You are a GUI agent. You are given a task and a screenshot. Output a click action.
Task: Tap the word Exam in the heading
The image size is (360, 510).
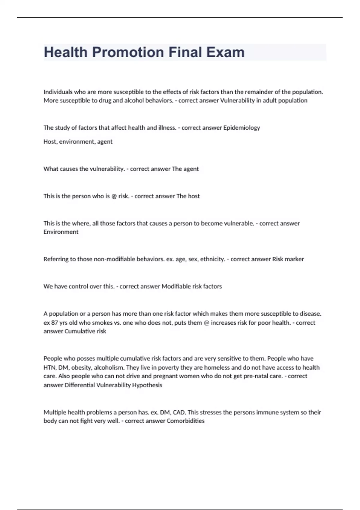coord(225,52)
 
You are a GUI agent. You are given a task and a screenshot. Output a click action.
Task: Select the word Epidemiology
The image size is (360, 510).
coord(241,128)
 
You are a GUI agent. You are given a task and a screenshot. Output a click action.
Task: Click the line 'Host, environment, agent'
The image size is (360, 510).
coord(78,142)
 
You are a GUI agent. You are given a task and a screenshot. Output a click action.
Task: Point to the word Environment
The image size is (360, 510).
coord(61,232)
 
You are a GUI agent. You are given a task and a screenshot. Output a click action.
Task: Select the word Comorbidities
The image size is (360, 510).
coord(185,421)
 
